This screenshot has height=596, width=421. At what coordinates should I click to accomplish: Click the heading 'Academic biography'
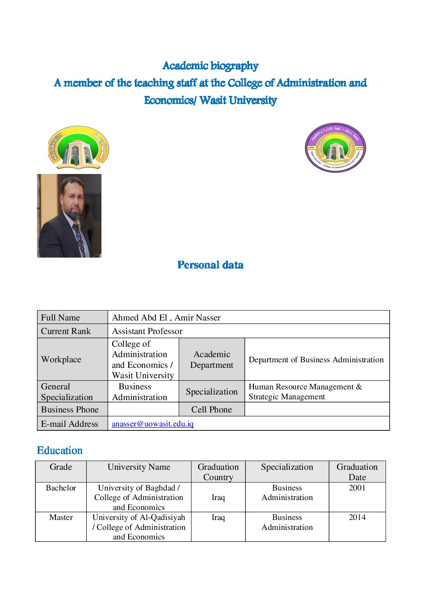pyautogui.click(x=210, y=66)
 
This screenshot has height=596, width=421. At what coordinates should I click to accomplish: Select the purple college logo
pyautogui.click(x=335, y=148)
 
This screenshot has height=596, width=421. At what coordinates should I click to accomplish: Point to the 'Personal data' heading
pyautogui.click(x=210, y=265)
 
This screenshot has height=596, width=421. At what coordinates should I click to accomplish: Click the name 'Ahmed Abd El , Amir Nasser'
pyautogui.click(x=166, y=317)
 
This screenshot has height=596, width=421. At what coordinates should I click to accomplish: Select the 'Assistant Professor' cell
pyautogui.click(x=147, y=331)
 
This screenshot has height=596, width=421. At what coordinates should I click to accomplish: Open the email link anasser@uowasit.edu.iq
pyautogui.click(x=153, y=424)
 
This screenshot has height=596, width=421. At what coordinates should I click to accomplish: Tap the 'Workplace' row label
pyautogui.click(x=61, y=359)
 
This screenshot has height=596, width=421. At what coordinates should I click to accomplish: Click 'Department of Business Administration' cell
pyautogui.click(x=316, y=360)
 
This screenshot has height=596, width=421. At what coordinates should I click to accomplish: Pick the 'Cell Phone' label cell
pyautogui.click(x=211, y=409)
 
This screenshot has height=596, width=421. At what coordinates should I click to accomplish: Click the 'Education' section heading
pyautogui.click(x=60, y=450)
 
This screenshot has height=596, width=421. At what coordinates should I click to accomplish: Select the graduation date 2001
pyautogui.click(x=357, y=488)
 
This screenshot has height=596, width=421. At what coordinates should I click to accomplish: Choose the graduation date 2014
pyautogui.click(x=357, y=517)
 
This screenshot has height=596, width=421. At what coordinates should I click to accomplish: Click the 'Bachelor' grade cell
pyautogui.click(x=61, y=488)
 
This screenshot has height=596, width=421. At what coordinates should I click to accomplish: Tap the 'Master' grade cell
pyautogui.click(x=61, y=517)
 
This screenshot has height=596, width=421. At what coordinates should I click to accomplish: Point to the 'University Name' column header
pyautogui.click(x=138, y=467)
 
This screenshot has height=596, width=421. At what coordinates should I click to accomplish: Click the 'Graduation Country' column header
pyautogui.click(x=218, y=472)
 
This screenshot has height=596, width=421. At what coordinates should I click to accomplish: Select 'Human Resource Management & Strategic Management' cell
pyautogui.click(x=305, y=391)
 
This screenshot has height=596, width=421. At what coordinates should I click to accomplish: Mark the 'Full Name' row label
pyautogui.click(x=60, y=317)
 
